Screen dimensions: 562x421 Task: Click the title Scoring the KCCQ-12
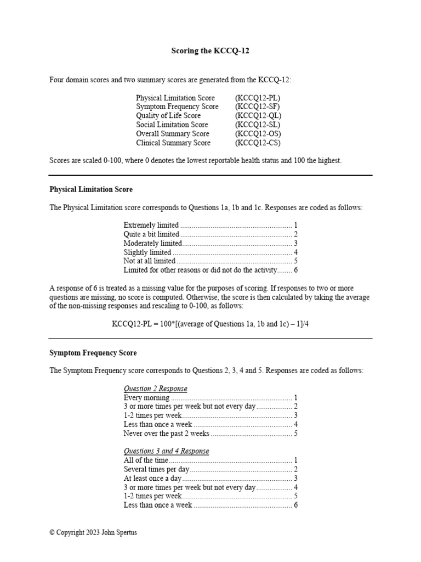210,52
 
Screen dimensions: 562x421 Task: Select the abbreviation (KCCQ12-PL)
258,98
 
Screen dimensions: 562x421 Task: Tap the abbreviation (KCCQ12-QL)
258,116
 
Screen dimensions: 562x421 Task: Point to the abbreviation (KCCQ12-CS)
258,143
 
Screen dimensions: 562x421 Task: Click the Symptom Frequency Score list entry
177,106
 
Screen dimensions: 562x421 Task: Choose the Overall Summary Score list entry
173,134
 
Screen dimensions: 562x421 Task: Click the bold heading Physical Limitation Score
91,189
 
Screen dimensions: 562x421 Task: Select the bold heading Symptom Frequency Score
93,353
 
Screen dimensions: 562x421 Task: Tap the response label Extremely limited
151,225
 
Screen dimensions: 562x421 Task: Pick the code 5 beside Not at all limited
295,261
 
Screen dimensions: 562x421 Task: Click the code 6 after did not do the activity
295,270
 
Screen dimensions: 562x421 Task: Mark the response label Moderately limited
152,243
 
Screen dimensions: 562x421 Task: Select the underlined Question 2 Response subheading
155,389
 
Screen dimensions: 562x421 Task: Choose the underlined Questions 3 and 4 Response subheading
166,451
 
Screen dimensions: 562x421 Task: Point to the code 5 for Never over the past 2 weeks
295,434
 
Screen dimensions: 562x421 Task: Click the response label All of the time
146,460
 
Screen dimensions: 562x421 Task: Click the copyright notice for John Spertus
93,532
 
